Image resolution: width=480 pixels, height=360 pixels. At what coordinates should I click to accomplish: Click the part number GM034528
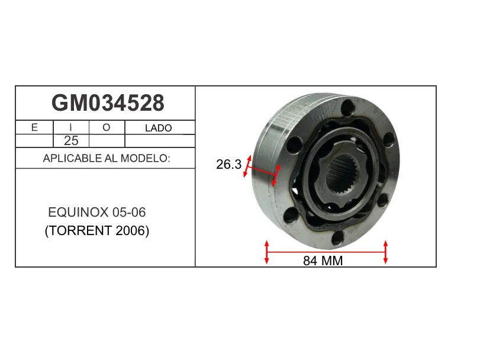pos(108,103)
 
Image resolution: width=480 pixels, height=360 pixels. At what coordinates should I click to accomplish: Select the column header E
pos(34,127)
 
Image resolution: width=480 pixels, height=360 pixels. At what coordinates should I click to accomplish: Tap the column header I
pos(70,127)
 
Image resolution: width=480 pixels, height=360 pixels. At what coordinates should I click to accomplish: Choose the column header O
pos(106,127)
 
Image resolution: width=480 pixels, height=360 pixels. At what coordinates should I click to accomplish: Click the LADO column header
pos(158,128)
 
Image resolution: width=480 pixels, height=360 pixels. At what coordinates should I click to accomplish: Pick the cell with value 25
pos(71,141)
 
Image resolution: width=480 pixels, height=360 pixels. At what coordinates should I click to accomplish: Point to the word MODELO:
pos(145,158)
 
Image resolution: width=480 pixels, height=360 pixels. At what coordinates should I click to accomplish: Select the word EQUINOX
pos(78,212)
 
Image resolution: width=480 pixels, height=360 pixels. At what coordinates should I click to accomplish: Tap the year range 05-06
pos(129,212)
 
